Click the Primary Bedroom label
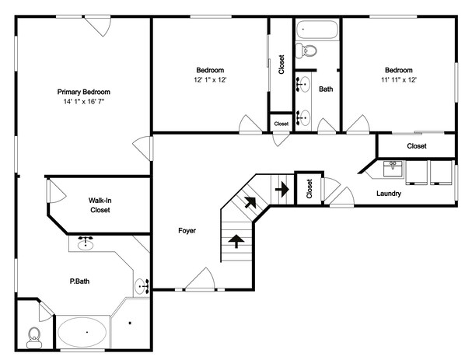[x=84, y=92]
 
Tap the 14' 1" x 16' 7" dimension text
[x=84, y=102]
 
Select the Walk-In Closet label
[x=100, y=205]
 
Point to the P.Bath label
[x=79, y=281]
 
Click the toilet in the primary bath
[x=34, y=337]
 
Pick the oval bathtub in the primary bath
[x=82, y=332]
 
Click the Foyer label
[x=187, y=231]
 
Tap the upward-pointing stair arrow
[x=236, y=241]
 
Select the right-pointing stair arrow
[x=281, y=189]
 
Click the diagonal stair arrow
[x=250, y=202]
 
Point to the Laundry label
[x=389, y=194]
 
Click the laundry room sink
[x=393, y=169]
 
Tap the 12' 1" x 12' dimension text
[x=210, y=80]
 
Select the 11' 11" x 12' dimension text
[x=399, y=80]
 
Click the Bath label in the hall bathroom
[x=326, y=89]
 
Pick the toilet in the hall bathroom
[x=306, y=51]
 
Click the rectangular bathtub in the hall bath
[x=317, y=30]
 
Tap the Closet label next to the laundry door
[x=309, y=189]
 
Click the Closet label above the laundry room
[x=417, y=146]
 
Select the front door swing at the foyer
[x=200, y=279]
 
